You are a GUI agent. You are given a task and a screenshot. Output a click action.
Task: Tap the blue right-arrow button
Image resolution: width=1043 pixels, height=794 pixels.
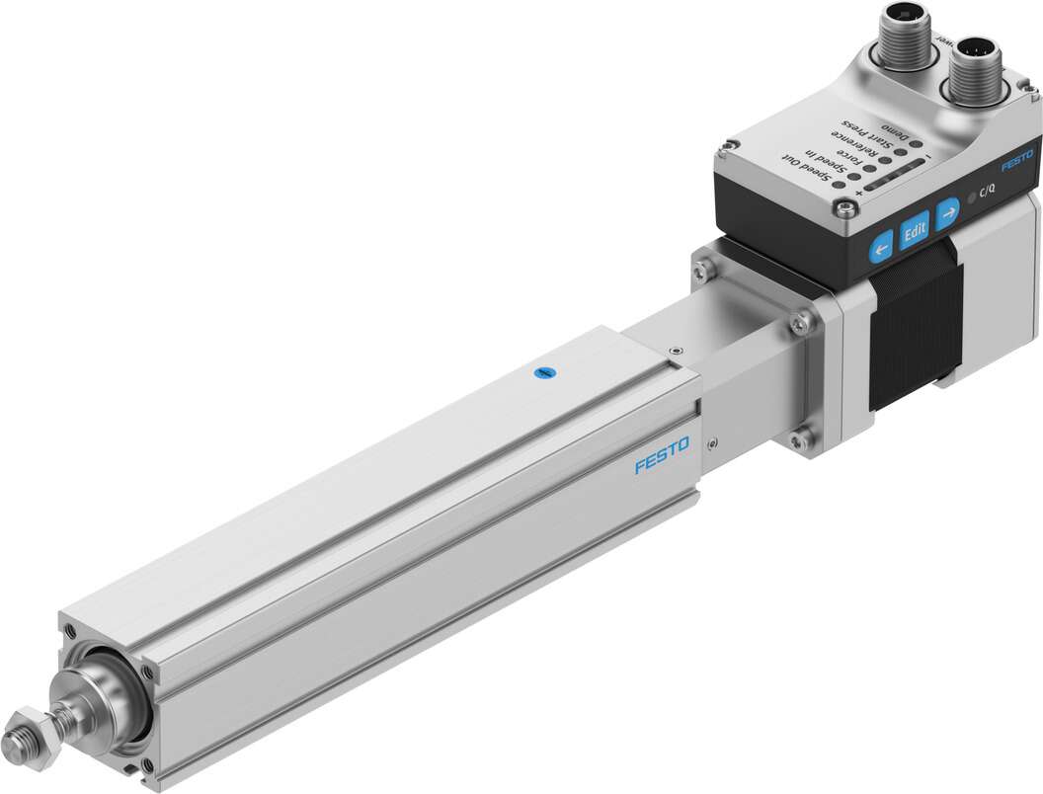948,211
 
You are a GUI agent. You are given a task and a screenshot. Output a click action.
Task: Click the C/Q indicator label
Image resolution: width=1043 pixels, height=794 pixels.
988,193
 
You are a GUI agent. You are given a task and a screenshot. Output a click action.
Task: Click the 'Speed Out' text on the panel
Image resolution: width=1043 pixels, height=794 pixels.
805,169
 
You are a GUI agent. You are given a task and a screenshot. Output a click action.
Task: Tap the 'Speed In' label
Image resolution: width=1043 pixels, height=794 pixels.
826,163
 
